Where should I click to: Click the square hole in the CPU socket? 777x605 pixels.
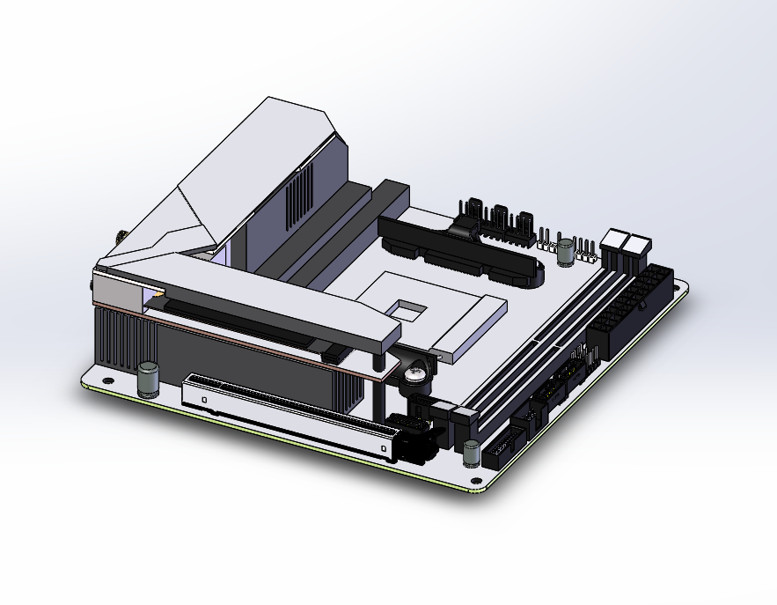[407, 309]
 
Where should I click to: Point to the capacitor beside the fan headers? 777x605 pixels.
[564, 251]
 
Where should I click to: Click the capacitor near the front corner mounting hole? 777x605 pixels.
[473, 453]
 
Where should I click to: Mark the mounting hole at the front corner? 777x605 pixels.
[476, 482]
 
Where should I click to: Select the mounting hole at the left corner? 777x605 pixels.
[107, 381]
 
